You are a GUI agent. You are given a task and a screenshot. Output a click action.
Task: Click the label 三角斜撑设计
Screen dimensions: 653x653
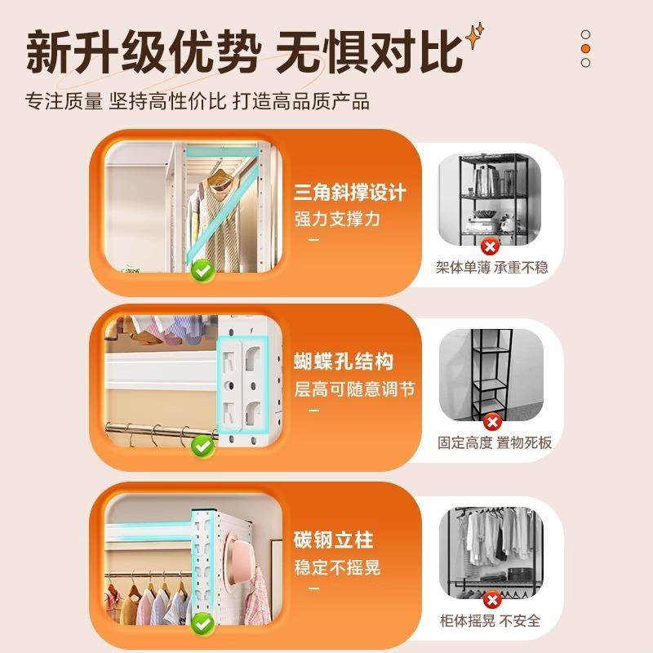click(x=350, y=193)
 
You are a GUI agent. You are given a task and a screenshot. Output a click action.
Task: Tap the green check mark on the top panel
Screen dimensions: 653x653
click(x=202, y=269)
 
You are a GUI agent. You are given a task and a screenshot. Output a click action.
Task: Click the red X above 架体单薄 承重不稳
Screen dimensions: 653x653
click(x=490, y=247)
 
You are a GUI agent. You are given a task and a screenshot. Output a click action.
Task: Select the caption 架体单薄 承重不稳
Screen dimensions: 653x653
click(x=491, y=267)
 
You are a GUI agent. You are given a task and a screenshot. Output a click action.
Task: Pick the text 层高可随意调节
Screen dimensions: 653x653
click(x=355, y=389)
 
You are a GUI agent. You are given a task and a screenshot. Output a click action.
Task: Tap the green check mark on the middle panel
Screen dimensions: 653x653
click(x=202, y=446)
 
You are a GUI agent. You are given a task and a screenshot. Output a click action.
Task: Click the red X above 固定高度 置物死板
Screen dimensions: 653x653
click(x=492, y=422)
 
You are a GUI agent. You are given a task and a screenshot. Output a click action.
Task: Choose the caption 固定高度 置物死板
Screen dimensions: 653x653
click(x=495, y=443)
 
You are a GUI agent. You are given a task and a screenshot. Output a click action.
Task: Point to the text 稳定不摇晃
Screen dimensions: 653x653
click(x=337, y=566)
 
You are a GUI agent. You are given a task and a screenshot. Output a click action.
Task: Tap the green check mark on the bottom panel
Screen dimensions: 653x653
click(x=202, y=624)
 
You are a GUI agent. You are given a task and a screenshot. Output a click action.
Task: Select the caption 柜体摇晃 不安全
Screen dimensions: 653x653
click(x=490, y=620)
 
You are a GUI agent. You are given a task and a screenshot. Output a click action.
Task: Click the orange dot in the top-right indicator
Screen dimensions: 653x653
click(x=585, y=48)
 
